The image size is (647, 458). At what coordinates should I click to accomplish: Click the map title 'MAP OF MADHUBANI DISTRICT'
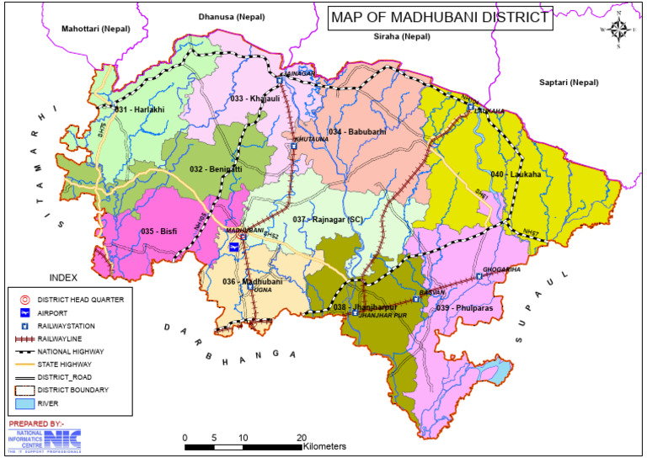[439, 18]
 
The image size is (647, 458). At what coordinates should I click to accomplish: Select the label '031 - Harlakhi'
[142, 110]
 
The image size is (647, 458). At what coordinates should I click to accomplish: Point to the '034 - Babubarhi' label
[357, 132]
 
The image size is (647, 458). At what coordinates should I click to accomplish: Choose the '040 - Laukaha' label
[517, 174]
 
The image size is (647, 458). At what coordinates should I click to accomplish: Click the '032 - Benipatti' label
[216, 169]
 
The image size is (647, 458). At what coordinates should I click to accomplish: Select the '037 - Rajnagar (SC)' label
[328, 219]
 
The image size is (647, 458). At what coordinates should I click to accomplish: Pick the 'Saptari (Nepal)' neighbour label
[570, 83]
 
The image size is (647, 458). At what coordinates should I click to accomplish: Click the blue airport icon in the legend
[25, 312]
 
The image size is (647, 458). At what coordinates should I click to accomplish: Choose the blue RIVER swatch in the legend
[25, 402]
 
